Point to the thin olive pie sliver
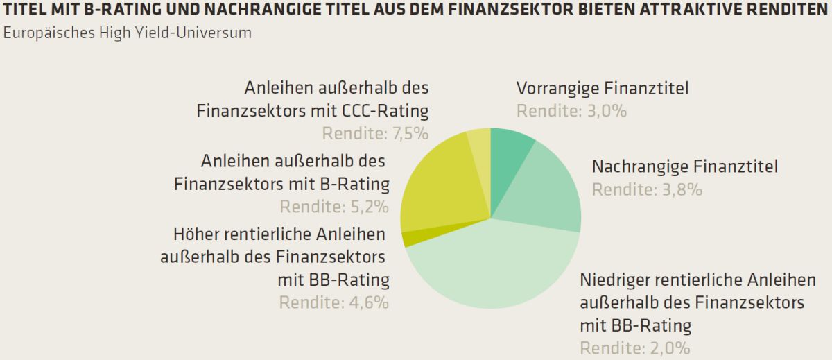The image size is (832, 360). [413, 238]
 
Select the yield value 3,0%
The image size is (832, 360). [607, 111]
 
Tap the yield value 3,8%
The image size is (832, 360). [682, 189]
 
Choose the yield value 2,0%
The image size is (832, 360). [670, 348]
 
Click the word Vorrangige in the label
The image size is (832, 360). [557, 89]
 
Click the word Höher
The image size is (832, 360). [196, 234]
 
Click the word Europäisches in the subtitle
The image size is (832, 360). [49, 33]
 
